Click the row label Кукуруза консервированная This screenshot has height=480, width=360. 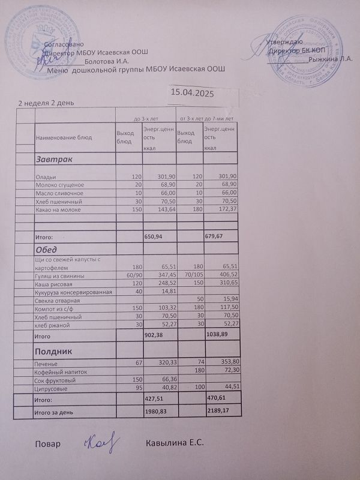pyautogui.click(x=74, y=292)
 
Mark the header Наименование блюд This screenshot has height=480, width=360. pyautogui.click(x=64, y=137)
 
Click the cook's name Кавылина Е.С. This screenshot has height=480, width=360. pyautogui.click(x=175, y=443)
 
